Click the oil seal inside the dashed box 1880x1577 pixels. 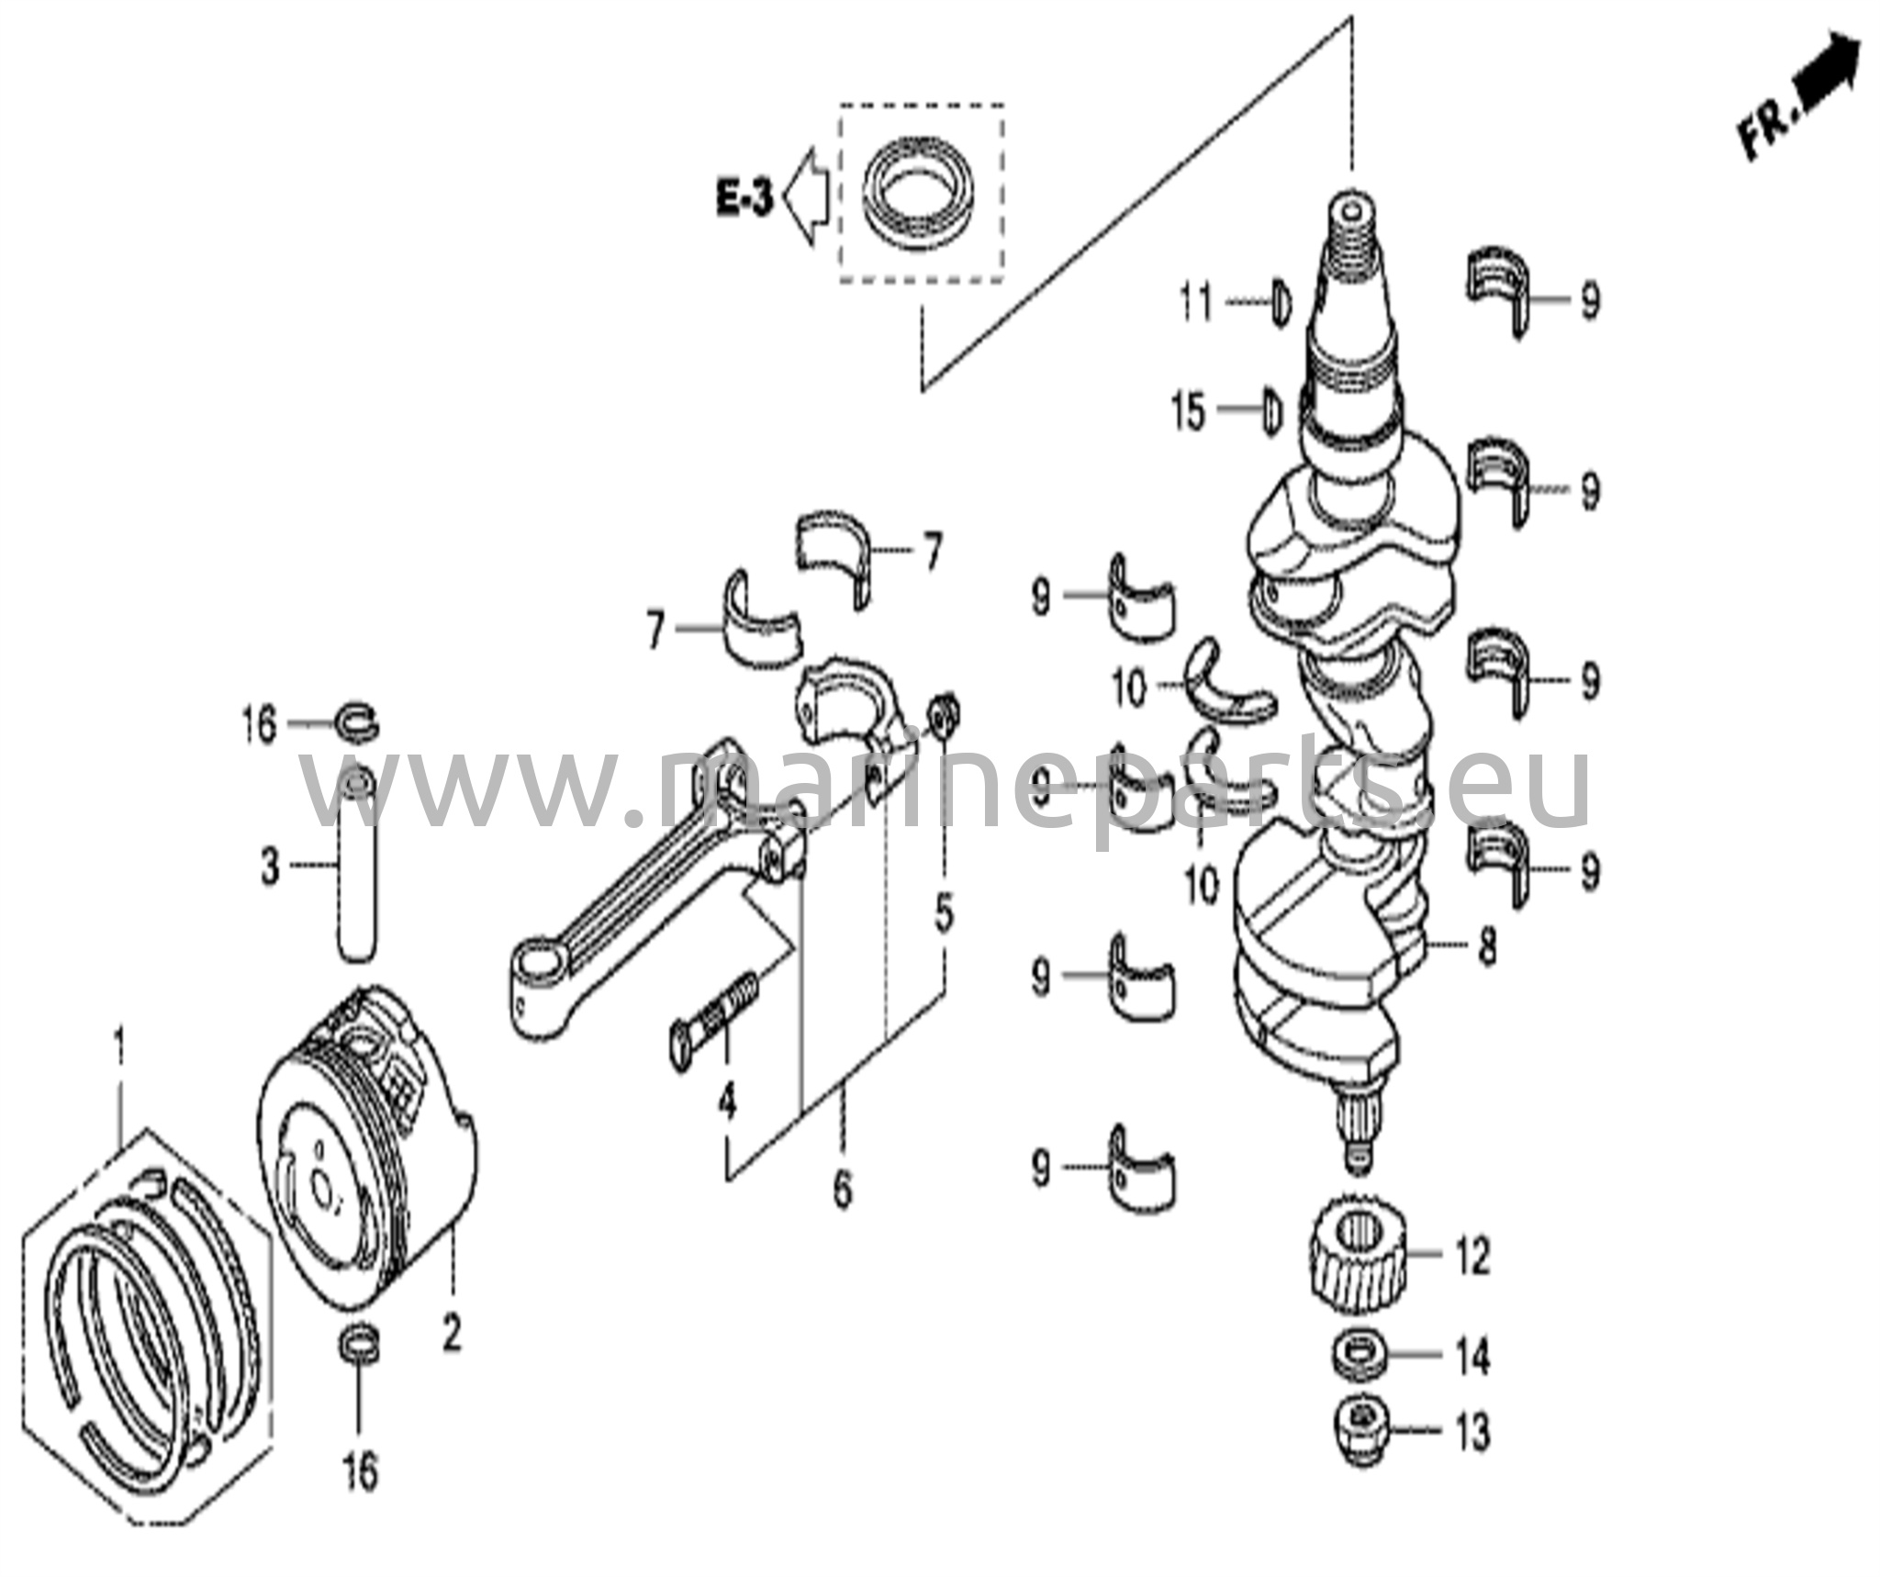pyautogui.click(x=920, y=199)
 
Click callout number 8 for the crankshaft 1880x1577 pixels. pyautogui.click(x=1487, y=945)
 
